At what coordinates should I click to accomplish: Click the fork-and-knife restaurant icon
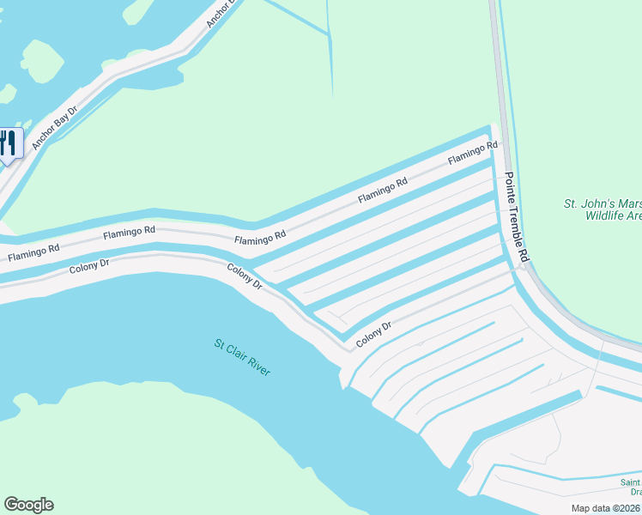(x=9, y=142)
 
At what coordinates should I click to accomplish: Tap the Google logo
(x=28, y=505)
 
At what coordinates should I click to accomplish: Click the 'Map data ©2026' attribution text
(x=605, y=508)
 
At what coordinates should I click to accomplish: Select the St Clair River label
(x=242, y=357)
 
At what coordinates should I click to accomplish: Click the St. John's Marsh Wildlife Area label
(x=602, y=210)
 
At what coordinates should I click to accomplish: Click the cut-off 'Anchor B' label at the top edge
(x=221, y=14)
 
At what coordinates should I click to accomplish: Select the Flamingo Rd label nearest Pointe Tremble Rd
(x=473, y=154)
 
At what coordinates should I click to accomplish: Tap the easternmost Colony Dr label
(x=374, y=333)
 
